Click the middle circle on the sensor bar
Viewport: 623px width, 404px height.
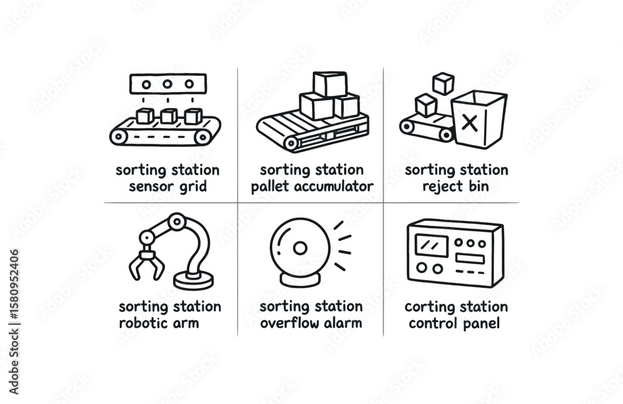click(x=166, y=84)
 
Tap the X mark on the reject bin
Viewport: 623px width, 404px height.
click(x=471, y=123)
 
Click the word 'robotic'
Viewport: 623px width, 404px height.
click(x=143, y=323)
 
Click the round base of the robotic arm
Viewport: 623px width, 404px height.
click(x=193, y=281)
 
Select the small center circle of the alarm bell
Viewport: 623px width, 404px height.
click(x=300, y=248)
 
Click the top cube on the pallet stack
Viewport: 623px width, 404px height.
click(x=330, y=84)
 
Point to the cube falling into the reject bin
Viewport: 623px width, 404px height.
click(x=444, y=83)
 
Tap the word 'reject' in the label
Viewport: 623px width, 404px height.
click(x=440, y=186)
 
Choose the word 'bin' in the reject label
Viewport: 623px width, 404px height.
click(x=478, y=186)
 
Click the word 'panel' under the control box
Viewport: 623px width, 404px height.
click(x=482, y=323)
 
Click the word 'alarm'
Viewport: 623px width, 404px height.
click(x=342, y=323)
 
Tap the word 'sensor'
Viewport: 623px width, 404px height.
click(x=145, y=186)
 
